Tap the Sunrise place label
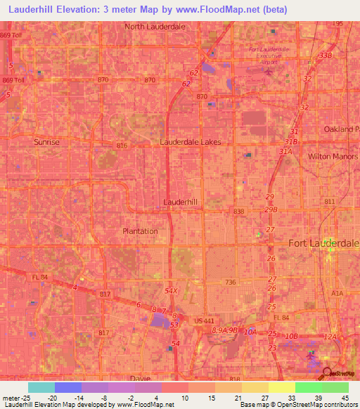click(47, 142)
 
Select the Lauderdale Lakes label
click(191, 142)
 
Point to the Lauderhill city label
click(181, 202)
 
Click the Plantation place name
click(140, 231)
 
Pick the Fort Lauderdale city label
click(324, 243)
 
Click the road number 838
click(239, 211)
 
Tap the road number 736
click(230, 283)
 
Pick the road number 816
click(122, 145)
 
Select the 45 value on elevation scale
click(344, 397)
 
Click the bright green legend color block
click(309, 387)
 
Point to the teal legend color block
click(41, 387)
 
